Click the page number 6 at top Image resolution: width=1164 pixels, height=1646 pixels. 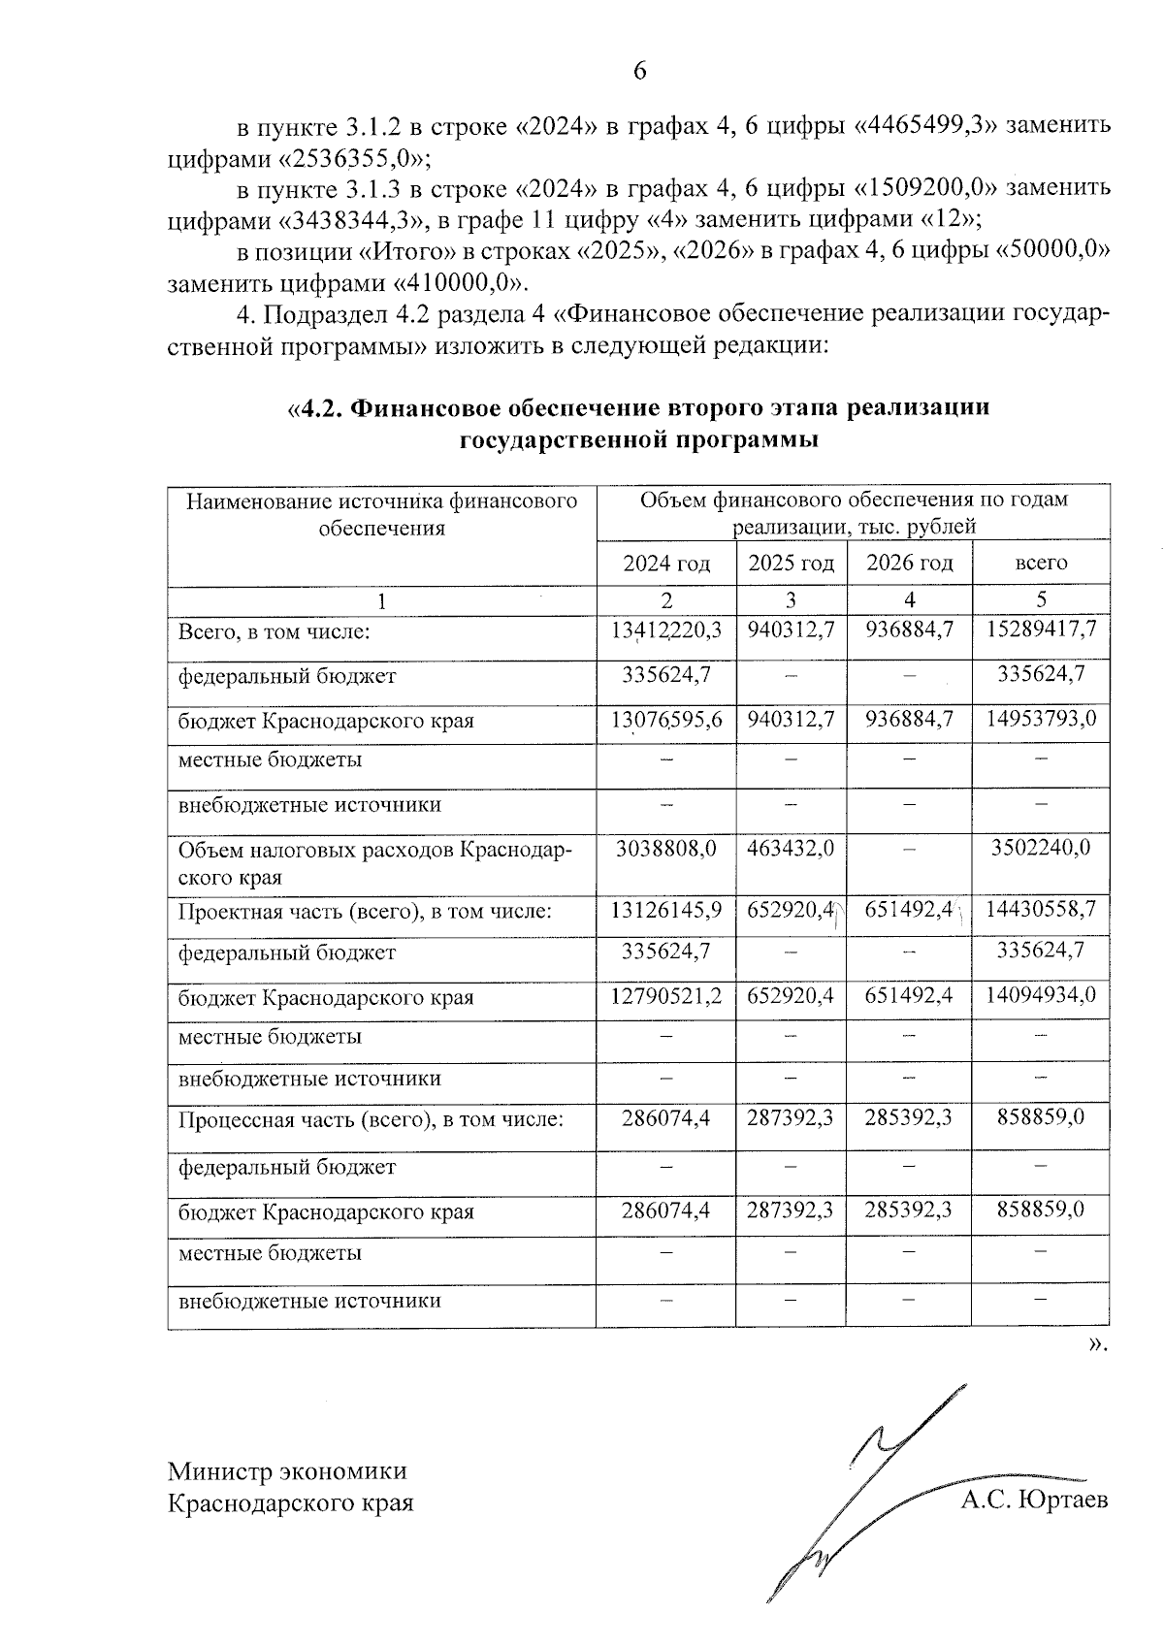[639, 71]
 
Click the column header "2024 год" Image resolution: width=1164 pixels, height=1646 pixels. [666, 564]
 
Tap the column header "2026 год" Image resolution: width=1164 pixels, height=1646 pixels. [909, 564]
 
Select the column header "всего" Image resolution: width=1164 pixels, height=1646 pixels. [1041, 564]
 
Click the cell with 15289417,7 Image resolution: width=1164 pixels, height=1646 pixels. [1041, 629]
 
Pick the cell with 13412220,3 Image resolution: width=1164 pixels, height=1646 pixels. [666, 629]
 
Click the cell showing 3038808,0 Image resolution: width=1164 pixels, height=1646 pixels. [666, 849]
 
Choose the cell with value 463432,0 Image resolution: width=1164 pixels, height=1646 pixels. [791, 849]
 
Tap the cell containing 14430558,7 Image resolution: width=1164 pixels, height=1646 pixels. [1041, 910]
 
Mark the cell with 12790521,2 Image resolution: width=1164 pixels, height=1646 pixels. [666, 996]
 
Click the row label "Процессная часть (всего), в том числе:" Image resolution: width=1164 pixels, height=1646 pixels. [371, 1118]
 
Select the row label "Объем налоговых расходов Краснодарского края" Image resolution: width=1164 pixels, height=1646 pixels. [374, 863]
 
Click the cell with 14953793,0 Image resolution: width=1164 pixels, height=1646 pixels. [1041, 721]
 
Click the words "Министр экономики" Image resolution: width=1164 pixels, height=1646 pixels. [287, 1471]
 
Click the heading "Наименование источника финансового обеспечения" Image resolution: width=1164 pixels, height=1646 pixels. [381, 514]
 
